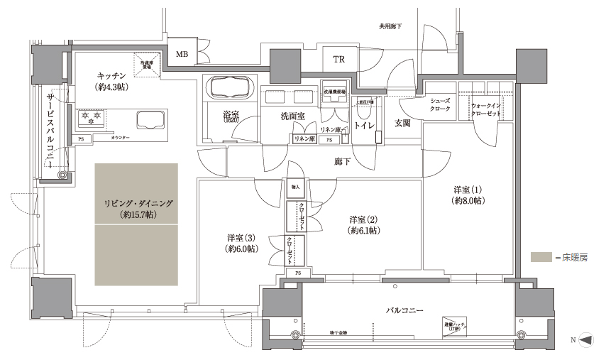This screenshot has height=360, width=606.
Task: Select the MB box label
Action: click(x=182, y=53)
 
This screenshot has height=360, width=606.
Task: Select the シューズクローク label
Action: click(x=441, y=105)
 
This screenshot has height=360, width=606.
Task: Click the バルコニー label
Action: click(x=405, y=311)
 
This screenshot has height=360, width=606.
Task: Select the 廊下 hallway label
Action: click(x=343, y=162)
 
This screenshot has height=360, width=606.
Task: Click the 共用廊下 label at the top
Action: click(x=390, y=26)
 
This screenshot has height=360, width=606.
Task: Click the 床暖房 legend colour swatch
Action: click(x=541, y=257)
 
